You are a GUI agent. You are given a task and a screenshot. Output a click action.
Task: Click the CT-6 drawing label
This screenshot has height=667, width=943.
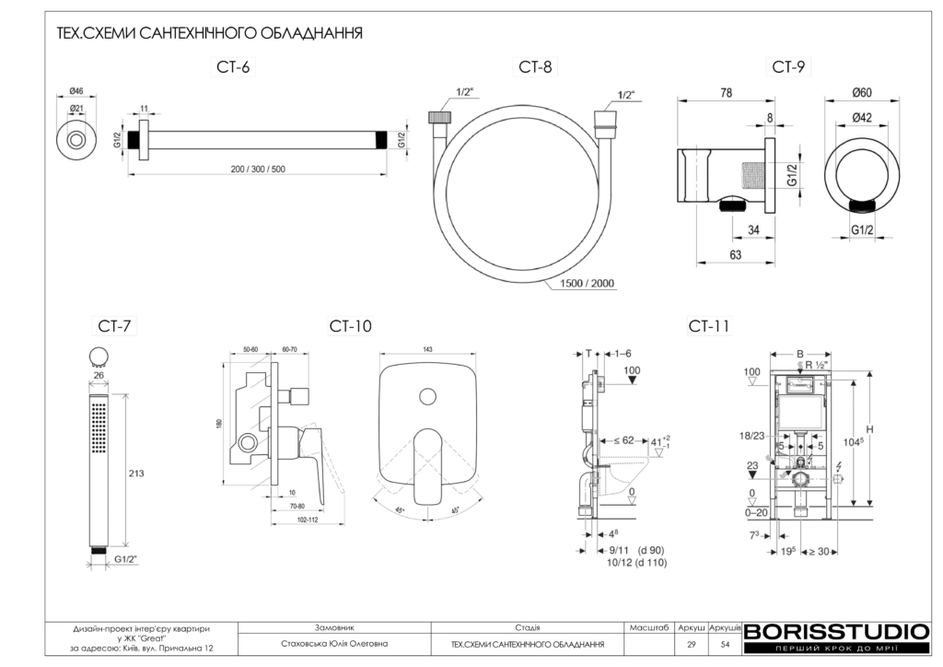pos(233,67)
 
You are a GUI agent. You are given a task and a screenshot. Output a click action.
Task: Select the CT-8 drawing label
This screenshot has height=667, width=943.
pos(535,67)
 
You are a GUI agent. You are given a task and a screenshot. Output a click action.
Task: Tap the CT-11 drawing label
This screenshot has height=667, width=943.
pos(708,326)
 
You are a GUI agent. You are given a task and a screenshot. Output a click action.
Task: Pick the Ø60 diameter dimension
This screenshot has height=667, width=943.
pos(862,92)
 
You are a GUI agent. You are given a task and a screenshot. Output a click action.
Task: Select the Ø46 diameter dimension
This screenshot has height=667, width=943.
pos(76,91)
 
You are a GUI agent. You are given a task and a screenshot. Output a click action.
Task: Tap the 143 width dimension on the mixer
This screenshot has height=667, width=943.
pos(427,349)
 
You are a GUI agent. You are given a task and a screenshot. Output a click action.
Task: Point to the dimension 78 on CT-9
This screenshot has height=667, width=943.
pos(726,92)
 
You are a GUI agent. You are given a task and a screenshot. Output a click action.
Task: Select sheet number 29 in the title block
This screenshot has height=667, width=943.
pos(691,645)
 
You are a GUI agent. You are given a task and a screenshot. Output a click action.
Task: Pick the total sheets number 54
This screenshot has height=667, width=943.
pos(725,645)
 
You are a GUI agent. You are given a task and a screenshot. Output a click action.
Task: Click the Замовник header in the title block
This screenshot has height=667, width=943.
pos(334,626)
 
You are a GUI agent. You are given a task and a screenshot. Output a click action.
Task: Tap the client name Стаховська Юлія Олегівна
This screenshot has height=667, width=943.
pos(334,645)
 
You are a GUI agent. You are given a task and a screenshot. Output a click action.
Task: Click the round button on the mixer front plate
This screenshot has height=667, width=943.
pos(426,395)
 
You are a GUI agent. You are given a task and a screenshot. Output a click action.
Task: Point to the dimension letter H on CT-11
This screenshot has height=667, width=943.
pos(869,428)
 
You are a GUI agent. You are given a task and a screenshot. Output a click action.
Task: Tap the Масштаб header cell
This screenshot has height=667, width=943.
pos(649,626)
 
